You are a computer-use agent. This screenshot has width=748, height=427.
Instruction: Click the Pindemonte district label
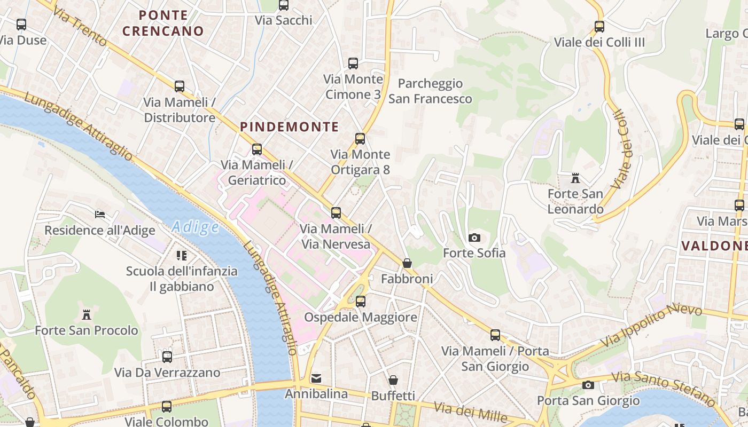click(289, 127)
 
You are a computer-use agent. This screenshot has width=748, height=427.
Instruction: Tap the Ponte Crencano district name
click(163, 23)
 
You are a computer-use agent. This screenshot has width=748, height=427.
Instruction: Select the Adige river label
click(196, 227)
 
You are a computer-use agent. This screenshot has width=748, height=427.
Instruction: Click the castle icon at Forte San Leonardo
click(575, 178)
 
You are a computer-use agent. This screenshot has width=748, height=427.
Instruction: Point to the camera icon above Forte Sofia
click(474, 238)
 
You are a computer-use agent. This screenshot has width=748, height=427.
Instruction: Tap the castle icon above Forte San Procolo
click(86, 314)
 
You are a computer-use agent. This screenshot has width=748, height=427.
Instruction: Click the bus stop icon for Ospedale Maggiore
click(361, 302)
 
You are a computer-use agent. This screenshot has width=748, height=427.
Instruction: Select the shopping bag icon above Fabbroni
click(407, 263)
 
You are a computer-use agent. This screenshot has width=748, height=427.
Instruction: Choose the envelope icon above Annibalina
click(316, 378)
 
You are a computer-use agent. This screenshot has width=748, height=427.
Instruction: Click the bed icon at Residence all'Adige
click(100, 215)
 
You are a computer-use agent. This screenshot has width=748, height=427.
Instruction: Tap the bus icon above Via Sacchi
click(284, 5)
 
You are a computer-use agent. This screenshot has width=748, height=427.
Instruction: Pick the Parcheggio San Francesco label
click(430, 91)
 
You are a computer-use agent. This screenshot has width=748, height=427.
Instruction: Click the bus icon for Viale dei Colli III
click(599, 26)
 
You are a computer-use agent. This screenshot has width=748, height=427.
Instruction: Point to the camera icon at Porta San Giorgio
click(588, 385)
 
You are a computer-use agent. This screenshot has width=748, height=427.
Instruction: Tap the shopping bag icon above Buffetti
click(393, 380)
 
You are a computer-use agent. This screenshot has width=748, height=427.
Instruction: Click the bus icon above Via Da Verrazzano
click(167, 357)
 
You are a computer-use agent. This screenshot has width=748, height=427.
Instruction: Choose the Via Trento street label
click(80, 29)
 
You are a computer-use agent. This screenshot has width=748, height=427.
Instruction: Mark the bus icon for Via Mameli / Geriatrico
click(257, 149)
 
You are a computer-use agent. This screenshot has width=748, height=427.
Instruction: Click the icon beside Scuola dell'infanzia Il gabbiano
click(182, 256)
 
